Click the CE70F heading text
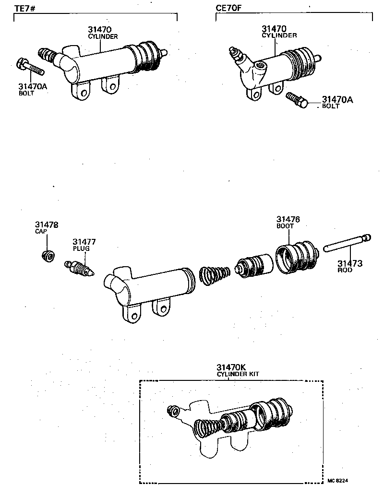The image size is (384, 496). (x=228, y=9)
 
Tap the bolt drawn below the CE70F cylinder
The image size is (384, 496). (x=296, y=100)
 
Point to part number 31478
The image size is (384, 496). (x=46, y=224)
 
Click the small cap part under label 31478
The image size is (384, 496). (x=47, y=256)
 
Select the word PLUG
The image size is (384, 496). (x=81, y=248)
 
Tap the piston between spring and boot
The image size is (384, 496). (x=253, y=265)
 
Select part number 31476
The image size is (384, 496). (x=288, y=219)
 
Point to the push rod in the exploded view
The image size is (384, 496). (x=347, y=243)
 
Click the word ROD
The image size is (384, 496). (x=345, y=270)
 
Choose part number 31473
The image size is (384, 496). (x=349, y=263)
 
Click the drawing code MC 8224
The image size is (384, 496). (x=338, y=480)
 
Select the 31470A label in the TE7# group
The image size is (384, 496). (x=33, y=86)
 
